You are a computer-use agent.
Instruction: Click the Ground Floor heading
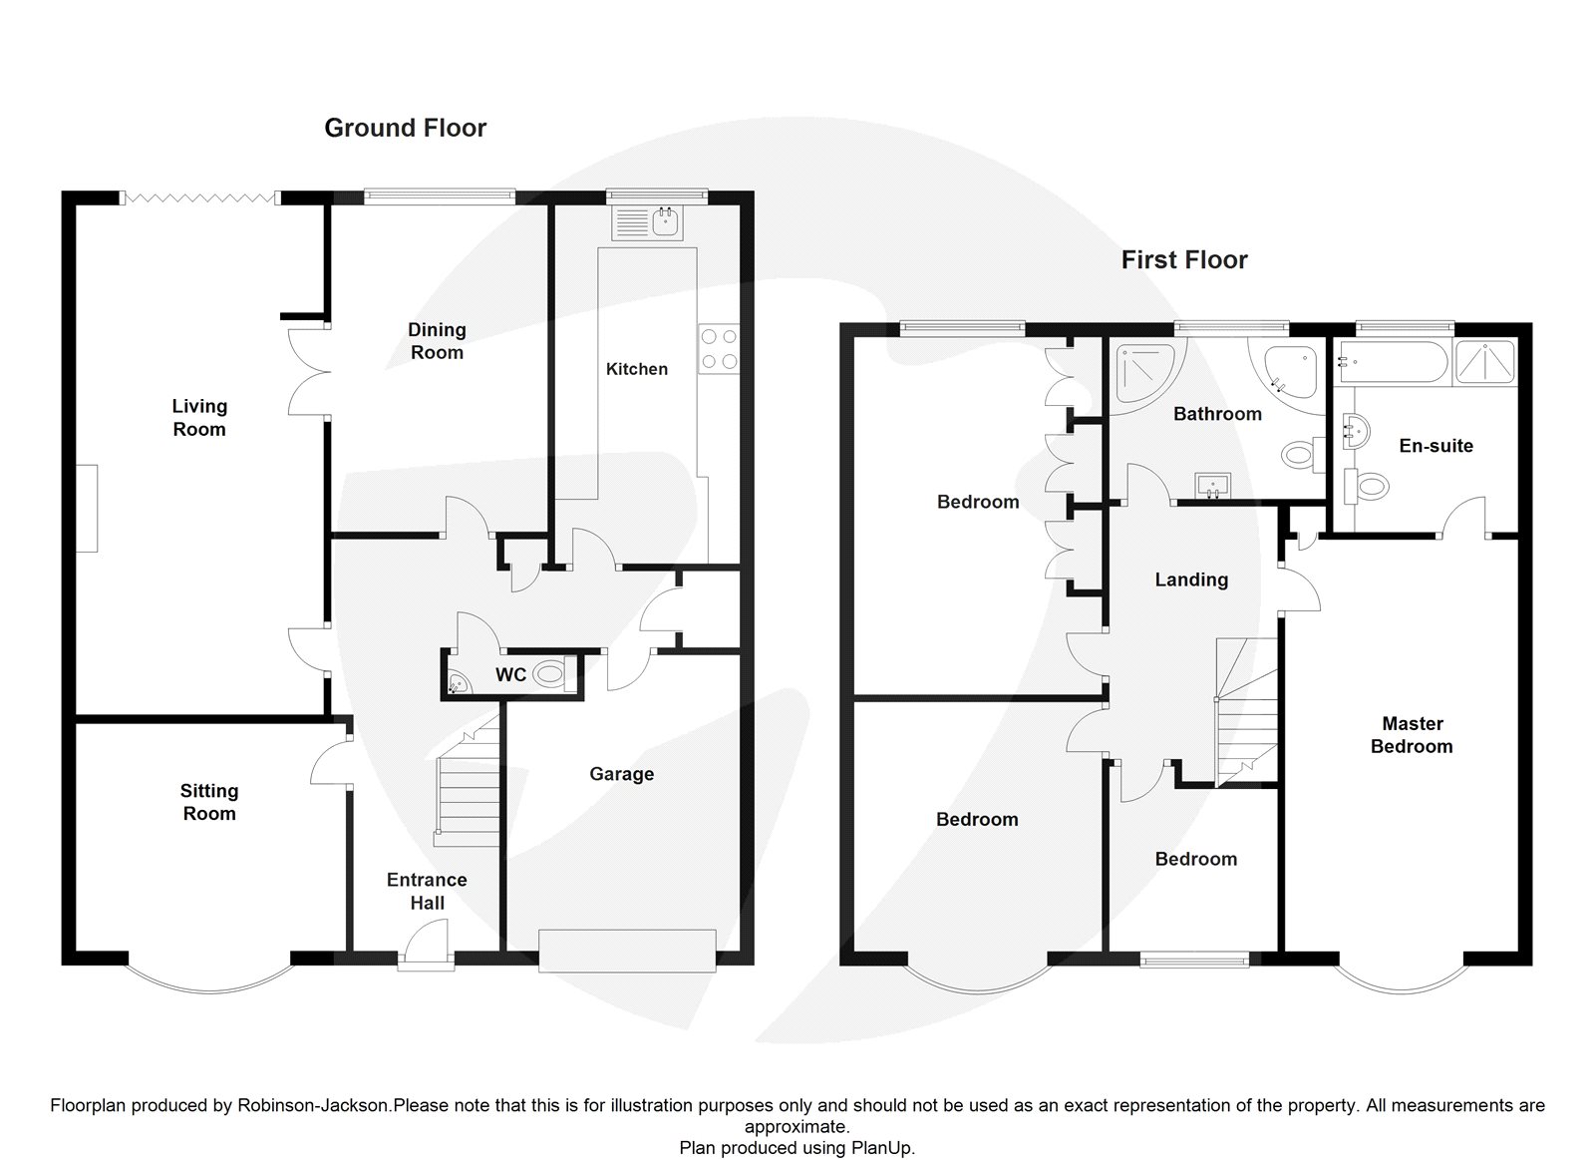click(405, 128)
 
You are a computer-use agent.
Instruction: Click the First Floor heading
click(1183, 260)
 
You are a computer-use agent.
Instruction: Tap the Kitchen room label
click(636, 369)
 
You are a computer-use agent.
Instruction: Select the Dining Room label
click(437, 341)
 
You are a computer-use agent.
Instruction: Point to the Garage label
click(621, 774)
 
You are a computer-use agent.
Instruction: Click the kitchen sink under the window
click(649, 223)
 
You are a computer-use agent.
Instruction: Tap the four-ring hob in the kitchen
click(719, 350)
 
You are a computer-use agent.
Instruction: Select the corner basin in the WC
click(457, 683)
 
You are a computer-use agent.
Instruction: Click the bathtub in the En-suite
click(1392, 362)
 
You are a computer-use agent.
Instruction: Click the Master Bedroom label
click(1412, 735)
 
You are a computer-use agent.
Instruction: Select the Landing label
click(1191, 580)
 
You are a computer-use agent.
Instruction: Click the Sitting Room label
click(209, 802)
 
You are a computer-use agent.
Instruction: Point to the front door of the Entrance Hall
click(426, 945)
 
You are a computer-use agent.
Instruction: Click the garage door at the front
click(627, 950)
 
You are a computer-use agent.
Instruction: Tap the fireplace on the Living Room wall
click(89, 508)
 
